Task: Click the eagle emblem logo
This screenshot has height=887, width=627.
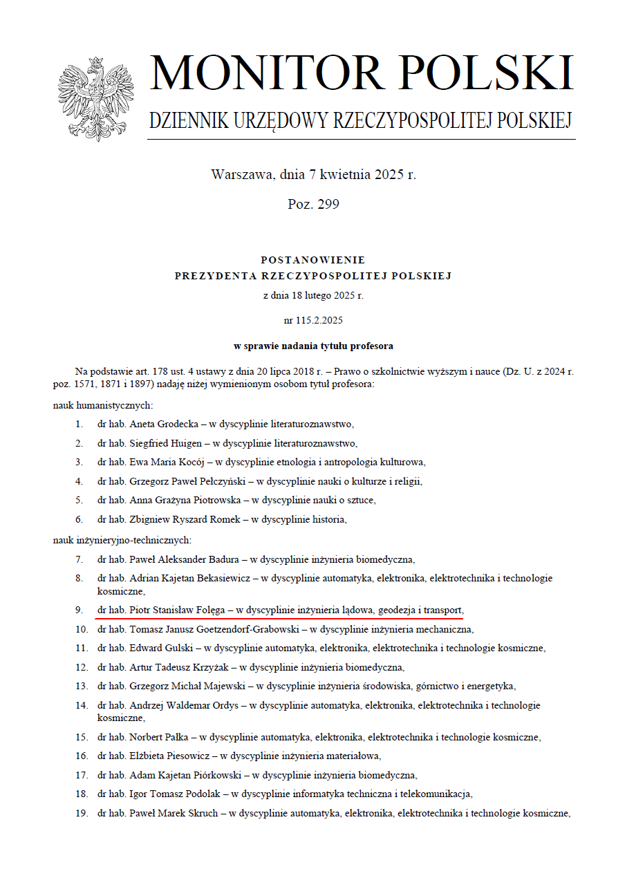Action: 96,98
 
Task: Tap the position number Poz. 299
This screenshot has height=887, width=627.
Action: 313,204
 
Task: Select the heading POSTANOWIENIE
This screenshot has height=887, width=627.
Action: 313,260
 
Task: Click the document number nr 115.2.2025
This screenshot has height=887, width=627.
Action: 313,320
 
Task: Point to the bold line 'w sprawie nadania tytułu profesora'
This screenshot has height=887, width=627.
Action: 313,346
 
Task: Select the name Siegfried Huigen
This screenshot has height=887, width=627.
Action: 162,443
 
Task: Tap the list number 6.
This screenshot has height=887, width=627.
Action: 79,519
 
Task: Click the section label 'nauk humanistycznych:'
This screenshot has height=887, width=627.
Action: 102,405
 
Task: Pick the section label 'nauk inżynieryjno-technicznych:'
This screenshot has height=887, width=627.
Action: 122,540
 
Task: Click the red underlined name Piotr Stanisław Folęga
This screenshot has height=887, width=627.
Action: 178,610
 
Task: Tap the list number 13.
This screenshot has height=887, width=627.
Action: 82,686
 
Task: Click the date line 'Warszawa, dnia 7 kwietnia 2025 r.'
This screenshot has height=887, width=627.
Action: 313,174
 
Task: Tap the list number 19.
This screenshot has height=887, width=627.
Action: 82,813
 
